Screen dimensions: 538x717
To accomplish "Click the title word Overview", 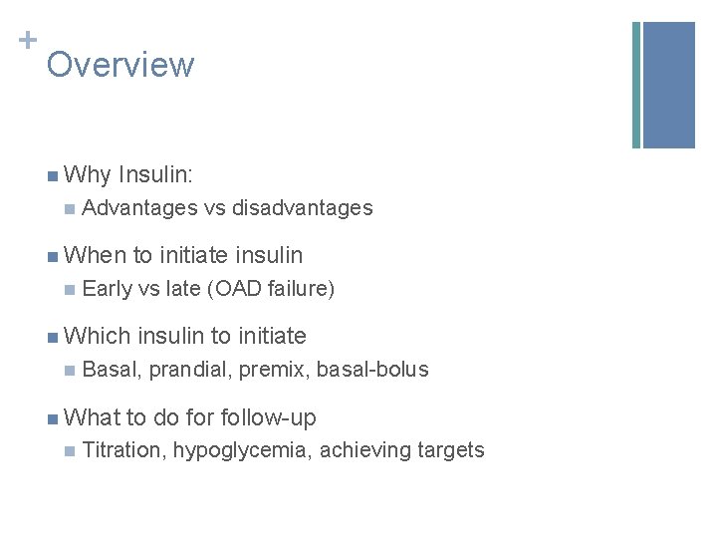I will point(119,65).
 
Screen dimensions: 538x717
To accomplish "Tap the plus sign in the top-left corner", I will point(28,40).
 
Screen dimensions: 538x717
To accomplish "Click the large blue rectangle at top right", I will point(668,85).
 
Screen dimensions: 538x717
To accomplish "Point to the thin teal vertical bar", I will point(636,85).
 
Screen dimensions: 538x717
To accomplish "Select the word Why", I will point(87,176).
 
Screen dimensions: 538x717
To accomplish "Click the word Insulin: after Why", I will point(155,176).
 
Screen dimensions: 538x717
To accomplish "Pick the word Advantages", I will point(140,208).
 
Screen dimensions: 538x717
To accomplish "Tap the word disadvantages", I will point(302,208).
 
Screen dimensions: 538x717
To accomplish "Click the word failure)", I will point(301,289).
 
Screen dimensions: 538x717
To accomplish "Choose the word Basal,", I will point(114,370).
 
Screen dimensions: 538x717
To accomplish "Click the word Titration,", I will point(124,450).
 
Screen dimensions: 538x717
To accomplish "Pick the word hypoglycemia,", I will point(243,450).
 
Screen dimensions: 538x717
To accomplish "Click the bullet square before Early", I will point(68,289).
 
